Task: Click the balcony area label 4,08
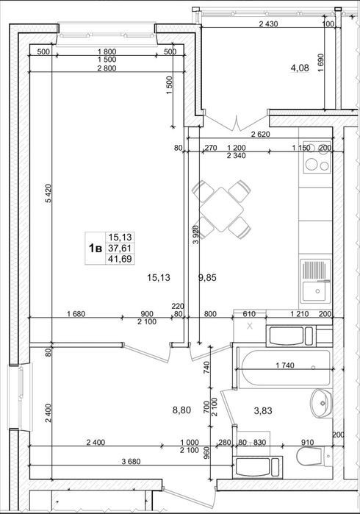coord(300,68)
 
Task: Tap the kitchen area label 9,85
coord(207,278)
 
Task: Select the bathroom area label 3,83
coord(263,410)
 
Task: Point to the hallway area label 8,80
coord(181,410)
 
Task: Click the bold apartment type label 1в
coord(96,248)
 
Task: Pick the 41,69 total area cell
coord(120,259)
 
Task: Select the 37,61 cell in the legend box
coord(120,248)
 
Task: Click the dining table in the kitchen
coord(221,210)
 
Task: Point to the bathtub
coord(284,368)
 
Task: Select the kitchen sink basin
coord(314,291)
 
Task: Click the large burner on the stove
coord(311,163)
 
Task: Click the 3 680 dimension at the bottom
coord(131,462)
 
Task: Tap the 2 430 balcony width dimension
coord(268,24)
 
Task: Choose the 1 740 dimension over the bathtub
coord(285,365)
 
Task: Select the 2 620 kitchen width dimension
coord(260,134)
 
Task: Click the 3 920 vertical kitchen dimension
coord(196,235)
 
